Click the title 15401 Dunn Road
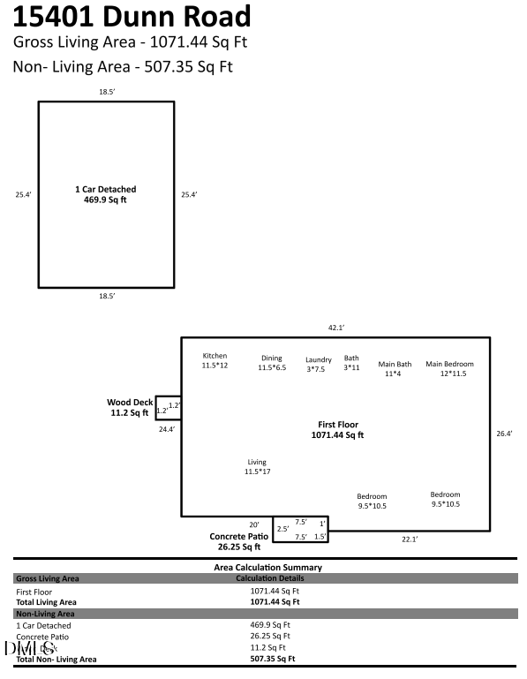132,17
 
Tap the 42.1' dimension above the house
336,328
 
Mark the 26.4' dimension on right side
504,434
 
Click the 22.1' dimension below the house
410,539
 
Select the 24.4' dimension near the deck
167,429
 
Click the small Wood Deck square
169,407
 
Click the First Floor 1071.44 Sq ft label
337,429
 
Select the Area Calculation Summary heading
268,567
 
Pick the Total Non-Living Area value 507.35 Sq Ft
273,659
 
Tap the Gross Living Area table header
48,578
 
